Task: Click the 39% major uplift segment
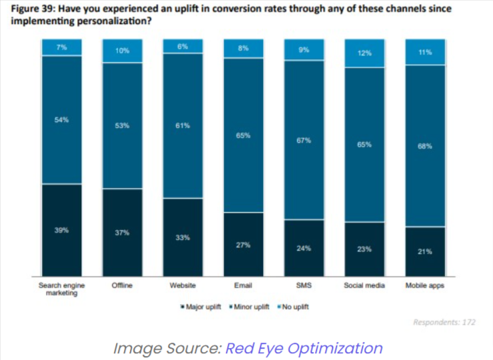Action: [x=61, y=230]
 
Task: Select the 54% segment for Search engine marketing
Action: [x=61, y=120]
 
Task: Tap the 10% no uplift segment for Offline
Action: [x=122, y=51]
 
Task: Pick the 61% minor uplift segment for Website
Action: [x=183, y=125]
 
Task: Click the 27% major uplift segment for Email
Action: [x=243, y=244]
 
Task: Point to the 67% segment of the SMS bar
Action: [x=304, y=140]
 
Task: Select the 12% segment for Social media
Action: [x=364, y=53]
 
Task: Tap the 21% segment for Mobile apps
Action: [x=425, y=251]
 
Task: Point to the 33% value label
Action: [x=183, y=237]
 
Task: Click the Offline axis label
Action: [x=122, y=285]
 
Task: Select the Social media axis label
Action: [x=364, y=285]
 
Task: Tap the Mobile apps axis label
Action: [x=425, y=285]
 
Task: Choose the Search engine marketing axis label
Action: [x=61, y=289]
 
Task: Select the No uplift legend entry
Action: [x=292, y=307]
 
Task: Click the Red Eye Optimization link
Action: [x=304, y=347]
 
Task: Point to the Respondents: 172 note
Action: [x=444, y=322]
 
